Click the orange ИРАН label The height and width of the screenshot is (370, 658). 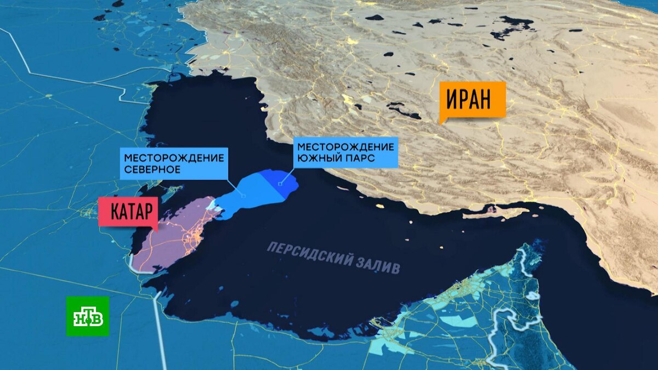click(472, 99)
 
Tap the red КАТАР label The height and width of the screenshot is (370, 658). click(128, 212)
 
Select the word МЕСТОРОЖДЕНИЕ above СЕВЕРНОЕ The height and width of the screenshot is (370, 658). click(174, 158)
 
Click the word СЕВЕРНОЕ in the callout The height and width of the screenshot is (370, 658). click(152, 169)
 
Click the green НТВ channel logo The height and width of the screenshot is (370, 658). click(88, 316)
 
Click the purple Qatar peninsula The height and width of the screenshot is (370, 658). click(167, 241)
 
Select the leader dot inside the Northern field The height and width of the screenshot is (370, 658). click(243, 196)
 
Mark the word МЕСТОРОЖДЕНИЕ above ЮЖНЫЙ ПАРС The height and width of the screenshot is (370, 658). click(345, 147)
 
